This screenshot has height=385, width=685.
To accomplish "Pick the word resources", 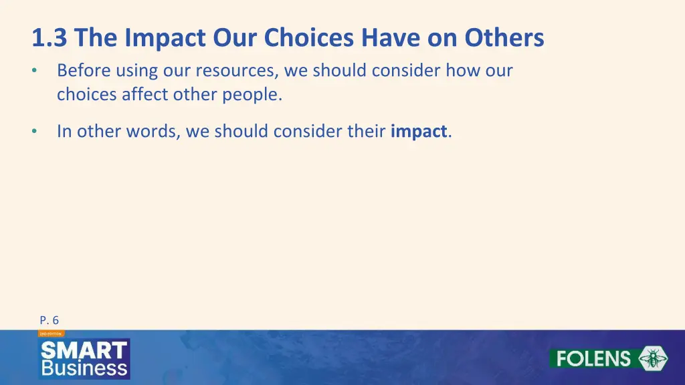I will click(x=237, y=70).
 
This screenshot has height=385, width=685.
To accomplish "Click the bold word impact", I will click(x=419, y=131).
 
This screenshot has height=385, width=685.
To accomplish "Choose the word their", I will click(x=366, y=131).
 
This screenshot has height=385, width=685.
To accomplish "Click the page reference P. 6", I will click(x=49, y=320).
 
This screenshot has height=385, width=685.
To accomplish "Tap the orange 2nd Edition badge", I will click(x=51, y=333).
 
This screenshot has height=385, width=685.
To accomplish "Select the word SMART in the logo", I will click(x=84, y=350).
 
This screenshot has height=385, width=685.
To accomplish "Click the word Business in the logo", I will click(x=84, y=368).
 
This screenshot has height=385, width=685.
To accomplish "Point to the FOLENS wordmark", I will click(x=594, y=358).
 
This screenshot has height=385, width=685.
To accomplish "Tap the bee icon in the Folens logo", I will click(x=652, y=358).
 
